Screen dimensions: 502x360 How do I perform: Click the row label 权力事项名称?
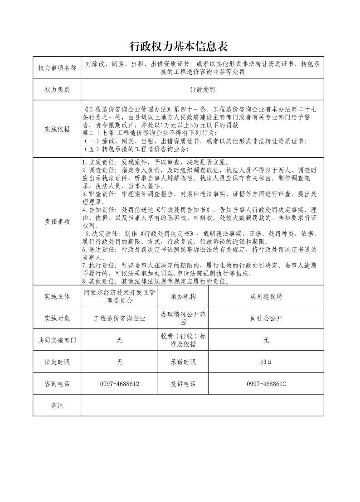click(57, 68)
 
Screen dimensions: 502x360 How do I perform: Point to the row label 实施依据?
click(57, 129)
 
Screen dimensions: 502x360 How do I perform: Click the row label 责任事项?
click(57, 222)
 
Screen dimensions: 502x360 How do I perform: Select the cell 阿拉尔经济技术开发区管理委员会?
click(120, 296)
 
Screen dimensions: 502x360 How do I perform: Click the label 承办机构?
click(183, 296)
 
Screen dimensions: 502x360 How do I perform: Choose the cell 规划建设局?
click(266, 296)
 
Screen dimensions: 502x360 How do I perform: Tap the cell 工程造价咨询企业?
click(120, 319)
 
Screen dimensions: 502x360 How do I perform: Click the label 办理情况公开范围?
click(183, 319)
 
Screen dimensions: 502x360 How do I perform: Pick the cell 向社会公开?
click(266, 319)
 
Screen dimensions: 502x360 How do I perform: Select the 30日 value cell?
click(266, 362)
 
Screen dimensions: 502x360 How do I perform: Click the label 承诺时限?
click(183, 362)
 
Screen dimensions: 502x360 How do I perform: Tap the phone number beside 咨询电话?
click(120, 384)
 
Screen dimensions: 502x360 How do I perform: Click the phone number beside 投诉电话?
click(266, 384)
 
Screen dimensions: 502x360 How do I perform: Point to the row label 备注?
click(57, 405)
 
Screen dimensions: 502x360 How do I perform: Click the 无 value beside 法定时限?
click(120, 362)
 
